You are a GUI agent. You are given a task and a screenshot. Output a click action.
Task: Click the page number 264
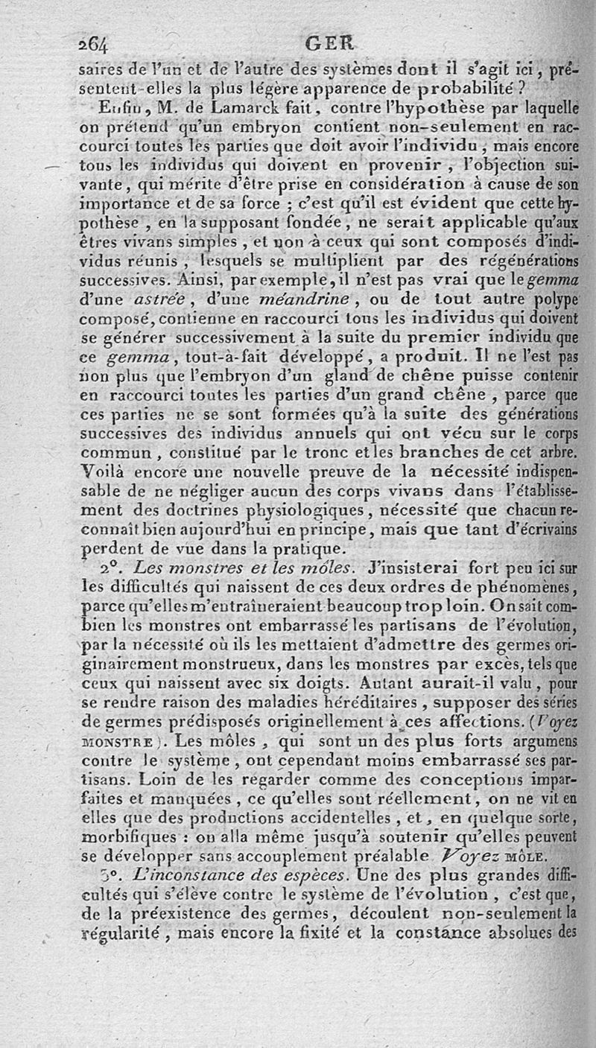(95, 43)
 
